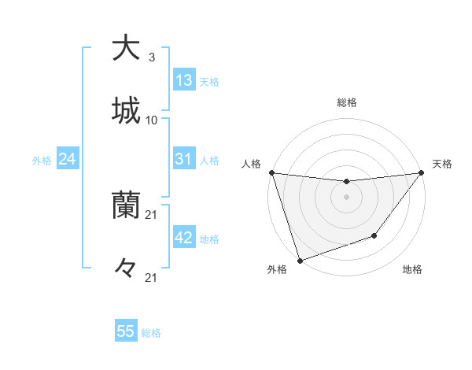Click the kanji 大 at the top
126,48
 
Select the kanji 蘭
126,205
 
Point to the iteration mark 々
126,268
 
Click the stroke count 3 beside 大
151,57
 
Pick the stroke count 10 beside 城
152,120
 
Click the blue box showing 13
183,80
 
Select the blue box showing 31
183,159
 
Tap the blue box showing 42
183,238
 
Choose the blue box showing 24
67,159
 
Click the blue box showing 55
126,331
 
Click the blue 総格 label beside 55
151,333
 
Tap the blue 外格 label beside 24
42,160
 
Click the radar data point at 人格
271,172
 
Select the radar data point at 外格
300,260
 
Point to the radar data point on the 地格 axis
374,235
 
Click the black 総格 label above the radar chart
346,102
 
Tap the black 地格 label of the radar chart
412,269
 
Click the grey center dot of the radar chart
346,197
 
